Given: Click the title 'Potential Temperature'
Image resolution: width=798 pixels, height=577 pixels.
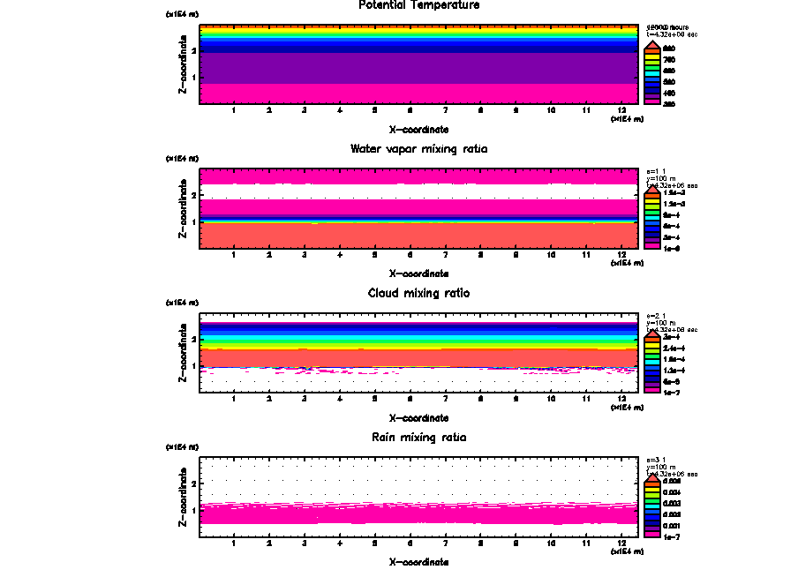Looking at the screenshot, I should click(419, 5).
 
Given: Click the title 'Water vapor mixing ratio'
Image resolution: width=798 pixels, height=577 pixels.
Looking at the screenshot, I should click(418, 149).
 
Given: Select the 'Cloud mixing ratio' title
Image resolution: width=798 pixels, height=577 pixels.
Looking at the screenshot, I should click(418, 293).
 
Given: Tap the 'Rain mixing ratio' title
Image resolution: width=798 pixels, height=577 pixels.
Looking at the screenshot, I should click(418, 438).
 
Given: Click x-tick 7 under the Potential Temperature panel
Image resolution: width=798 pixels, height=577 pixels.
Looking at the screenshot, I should click(445, 110).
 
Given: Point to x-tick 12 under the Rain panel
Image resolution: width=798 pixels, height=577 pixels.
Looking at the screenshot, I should click(622, 543).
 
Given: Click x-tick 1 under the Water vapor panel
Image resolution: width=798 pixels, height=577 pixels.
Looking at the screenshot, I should click(233, 255).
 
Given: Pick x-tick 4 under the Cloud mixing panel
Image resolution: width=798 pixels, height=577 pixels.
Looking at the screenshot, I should click(339, 399).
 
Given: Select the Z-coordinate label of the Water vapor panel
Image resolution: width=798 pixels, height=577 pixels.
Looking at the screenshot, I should click(183, 212).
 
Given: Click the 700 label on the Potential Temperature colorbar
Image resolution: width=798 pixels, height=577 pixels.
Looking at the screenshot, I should click(669, 59).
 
